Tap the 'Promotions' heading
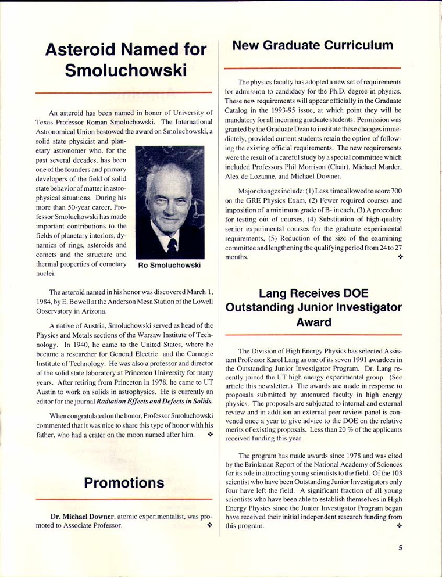pos(123,483)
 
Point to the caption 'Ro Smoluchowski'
pos(169,266)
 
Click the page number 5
pos(400,547)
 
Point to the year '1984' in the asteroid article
pos(44,301)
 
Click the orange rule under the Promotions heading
pos(123,499)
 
